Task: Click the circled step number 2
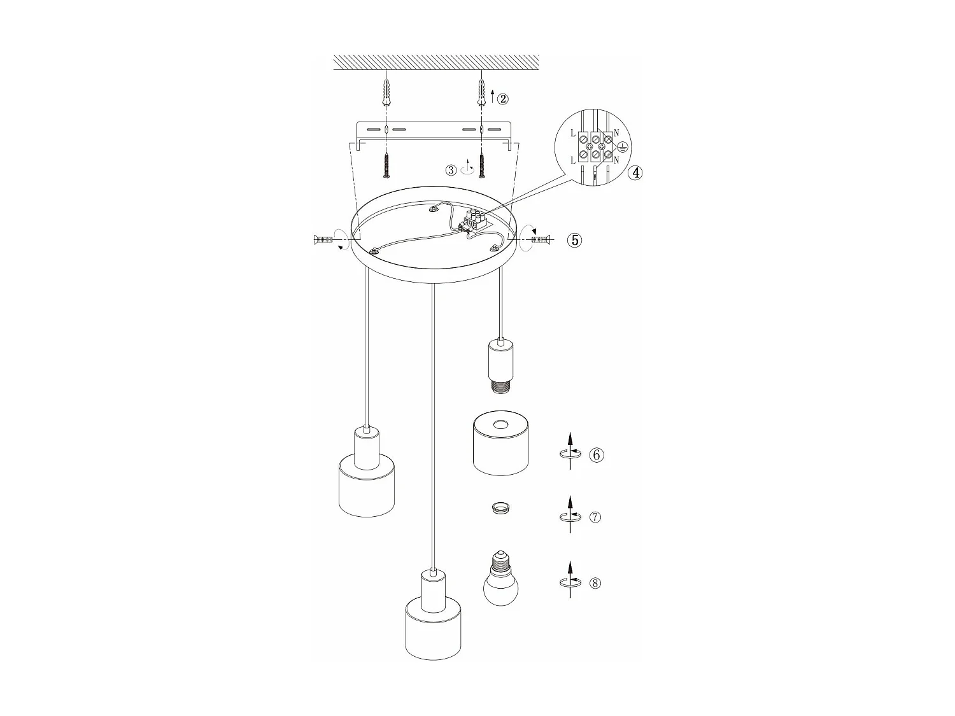pos(503,99)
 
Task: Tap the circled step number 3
pos(451,170)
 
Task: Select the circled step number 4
pos(635,172)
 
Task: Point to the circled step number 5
pos(575,240)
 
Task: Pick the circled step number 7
pos(595,517)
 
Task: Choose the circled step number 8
pos(595,583)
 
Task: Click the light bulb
pos(501,580)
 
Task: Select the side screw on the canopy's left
pos(323,239)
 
